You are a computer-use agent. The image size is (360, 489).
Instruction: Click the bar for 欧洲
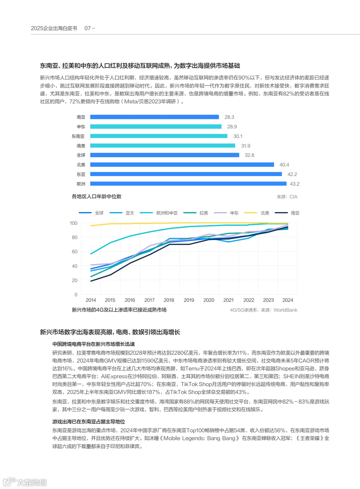coord(188,184)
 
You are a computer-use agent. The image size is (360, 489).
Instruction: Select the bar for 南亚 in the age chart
coord(154,117)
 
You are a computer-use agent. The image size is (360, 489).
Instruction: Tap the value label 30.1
coord(238,136)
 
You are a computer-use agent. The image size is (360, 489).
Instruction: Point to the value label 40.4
coord(284,165)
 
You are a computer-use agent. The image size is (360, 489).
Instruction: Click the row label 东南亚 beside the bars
coord(78,136)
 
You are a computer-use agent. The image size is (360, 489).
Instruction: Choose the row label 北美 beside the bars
coord(81,165)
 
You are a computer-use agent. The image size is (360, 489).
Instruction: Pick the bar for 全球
coord(165,155)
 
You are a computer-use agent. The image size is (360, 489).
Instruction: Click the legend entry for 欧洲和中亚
coord(167,213)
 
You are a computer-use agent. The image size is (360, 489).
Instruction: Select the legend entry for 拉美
coord(203,213)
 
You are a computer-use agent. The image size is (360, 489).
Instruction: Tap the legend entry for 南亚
coord(295,213)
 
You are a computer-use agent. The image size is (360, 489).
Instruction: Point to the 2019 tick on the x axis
coord(189,300)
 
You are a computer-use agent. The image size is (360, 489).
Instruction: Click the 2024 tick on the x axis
coord(288,300)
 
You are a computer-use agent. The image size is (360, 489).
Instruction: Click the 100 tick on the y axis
coord(73,223)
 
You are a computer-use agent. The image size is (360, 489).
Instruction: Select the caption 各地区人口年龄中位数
coord(97,196)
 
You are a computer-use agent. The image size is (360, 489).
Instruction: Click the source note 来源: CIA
coord(287,197)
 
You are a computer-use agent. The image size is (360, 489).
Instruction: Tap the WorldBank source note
coord(263,310)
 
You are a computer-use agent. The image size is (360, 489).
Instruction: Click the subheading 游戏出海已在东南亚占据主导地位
coord(89,422)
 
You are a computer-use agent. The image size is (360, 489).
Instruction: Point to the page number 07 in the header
coord(88,28)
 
